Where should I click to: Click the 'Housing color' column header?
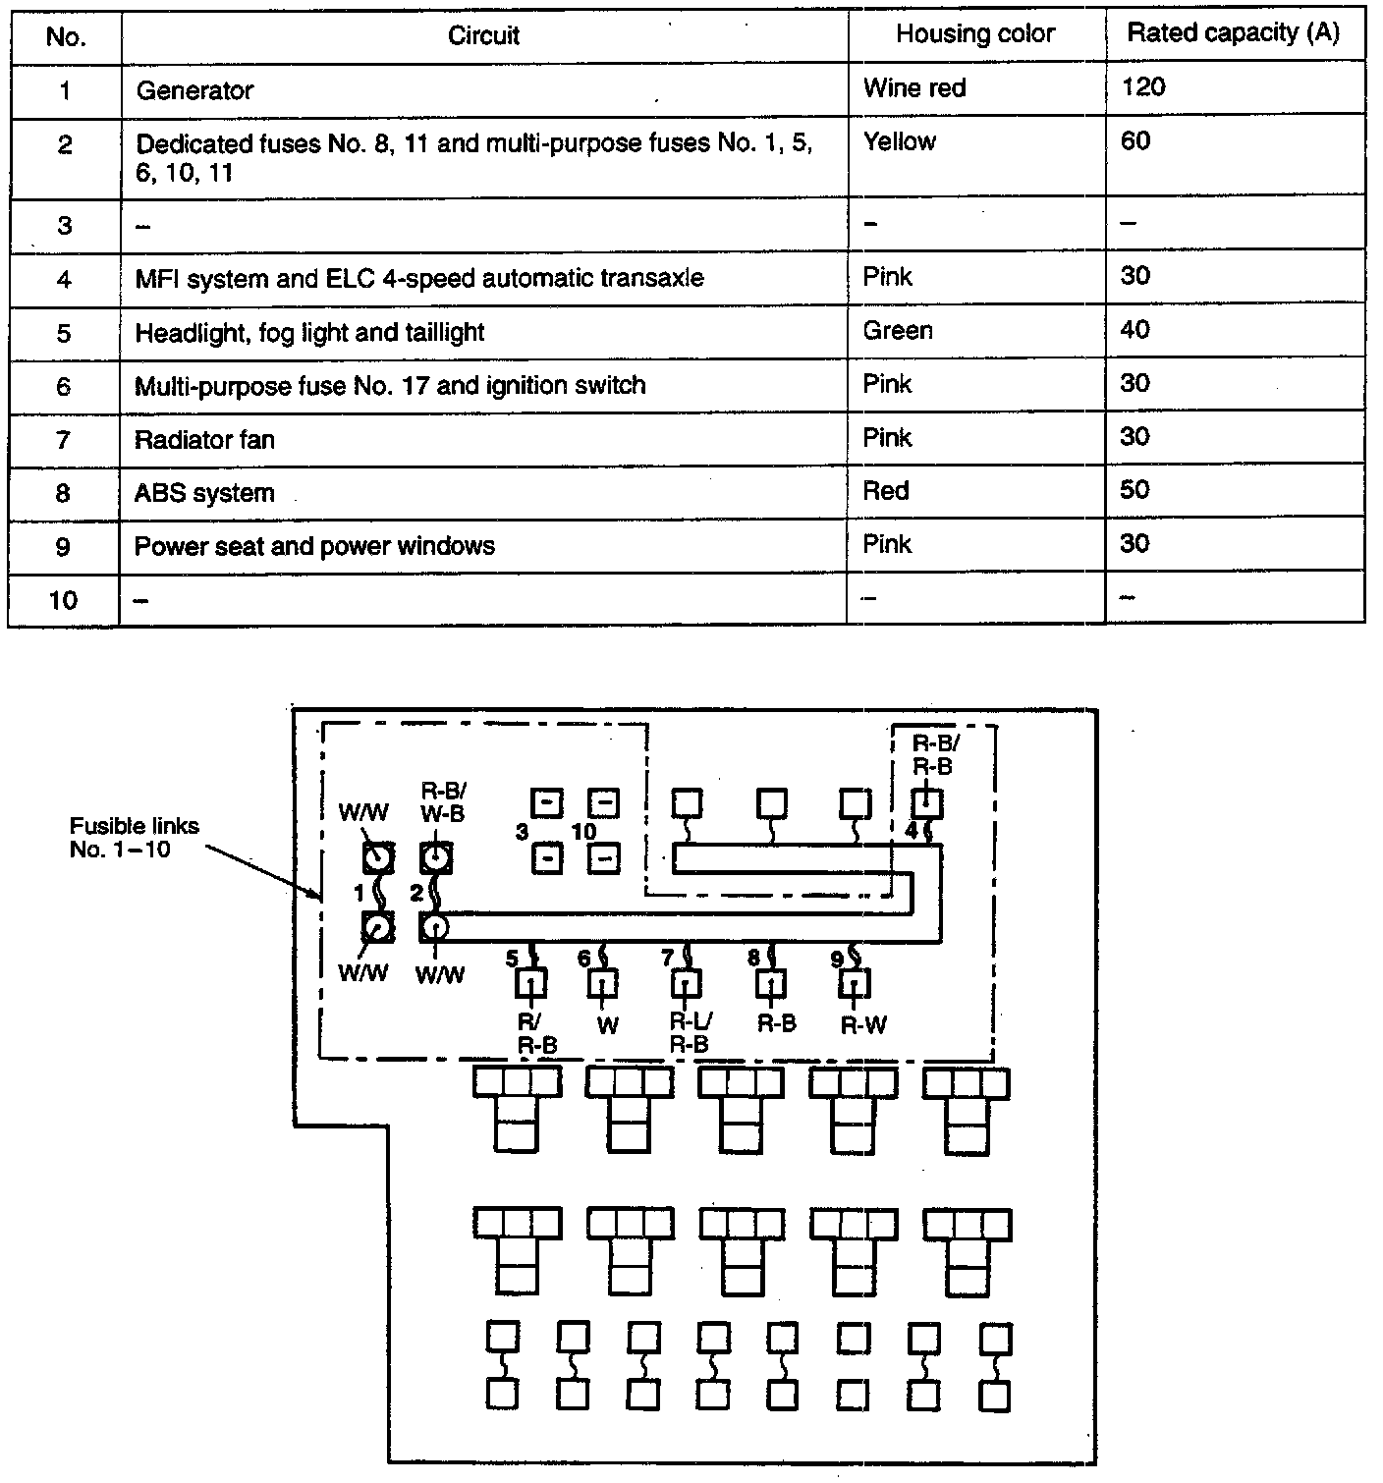974,34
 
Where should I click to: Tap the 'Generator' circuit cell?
194,90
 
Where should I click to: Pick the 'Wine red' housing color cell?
914,88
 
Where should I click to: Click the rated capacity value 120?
1143,87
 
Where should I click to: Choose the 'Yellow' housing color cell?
900,141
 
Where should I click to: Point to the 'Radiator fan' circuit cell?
204,439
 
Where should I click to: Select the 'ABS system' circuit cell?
204,492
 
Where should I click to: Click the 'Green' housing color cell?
898,330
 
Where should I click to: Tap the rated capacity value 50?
1134,489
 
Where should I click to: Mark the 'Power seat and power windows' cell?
314,546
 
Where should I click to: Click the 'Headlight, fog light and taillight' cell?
309,332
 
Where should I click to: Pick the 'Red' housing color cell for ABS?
886,490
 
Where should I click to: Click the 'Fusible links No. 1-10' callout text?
134,837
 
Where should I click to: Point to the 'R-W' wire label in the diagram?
863,1025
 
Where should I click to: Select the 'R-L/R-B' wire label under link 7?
690,1033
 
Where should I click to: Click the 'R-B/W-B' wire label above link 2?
442,801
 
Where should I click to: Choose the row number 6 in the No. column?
64,386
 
